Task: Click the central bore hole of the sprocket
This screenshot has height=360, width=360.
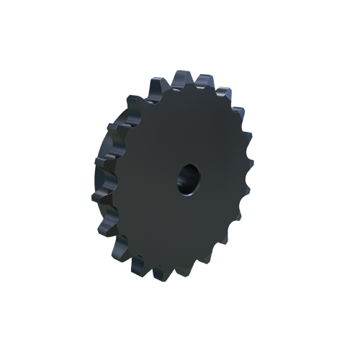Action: tap(189, 178)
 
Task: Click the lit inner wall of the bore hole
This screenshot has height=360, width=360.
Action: tap(185, 184)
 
